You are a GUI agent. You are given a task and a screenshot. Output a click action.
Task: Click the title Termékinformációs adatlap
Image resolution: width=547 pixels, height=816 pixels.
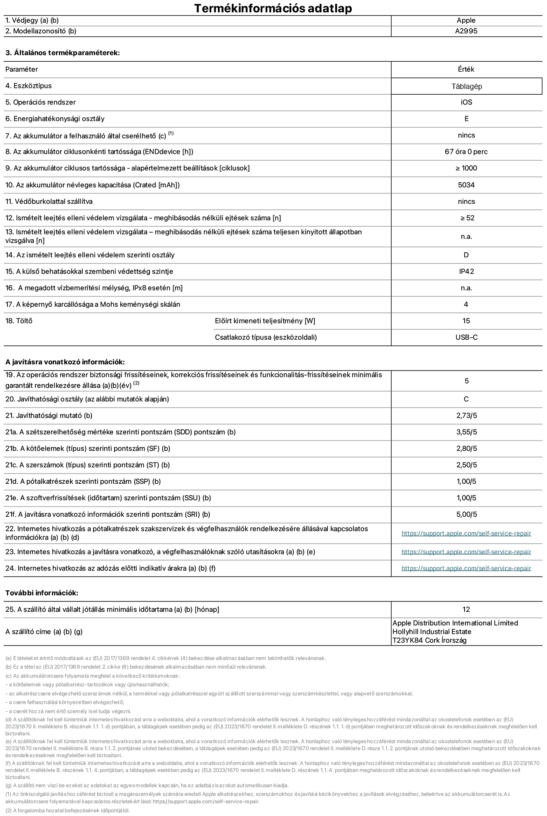tap(273, 8)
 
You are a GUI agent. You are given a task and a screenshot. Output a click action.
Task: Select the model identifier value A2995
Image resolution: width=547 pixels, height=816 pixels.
tap(466, 31)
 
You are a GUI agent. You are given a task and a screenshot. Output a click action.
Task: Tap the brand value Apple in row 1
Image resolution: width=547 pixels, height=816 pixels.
tap(466, 21)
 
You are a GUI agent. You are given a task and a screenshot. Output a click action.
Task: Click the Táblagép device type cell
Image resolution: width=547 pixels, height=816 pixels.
tap(466, 86)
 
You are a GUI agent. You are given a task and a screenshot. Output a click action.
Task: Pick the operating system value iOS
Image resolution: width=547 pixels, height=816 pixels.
tap(466, 103)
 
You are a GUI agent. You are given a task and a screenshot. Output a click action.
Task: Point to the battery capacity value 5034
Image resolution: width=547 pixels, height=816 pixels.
tap(466, 185)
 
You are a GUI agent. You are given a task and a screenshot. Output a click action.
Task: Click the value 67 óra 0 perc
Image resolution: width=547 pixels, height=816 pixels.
tap(466, 152)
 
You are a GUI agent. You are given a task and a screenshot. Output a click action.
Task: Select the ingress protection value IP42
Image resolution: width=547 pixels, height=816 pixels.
tap(466, 272)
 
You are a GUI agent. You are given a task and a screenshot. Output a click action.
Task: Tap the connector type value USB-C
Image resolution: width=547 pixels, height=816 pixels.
tap(466, 338)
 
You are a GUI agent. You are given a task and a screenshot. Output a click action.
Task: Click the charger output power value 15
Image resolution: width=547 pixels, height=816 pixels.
tap(466, 321)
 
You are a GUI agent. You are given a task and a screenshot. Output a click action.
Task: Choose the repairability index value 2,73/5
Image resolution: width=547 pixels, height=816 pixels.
tap(466, 416)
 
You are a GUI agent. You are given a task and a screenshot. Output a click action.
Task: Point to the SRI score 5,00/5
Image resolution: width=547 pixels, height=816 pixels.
tap(466, 515)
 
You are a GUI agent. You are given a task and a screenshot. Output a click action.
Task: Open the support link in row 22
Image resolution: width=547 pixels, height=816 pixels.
tap(466, 534)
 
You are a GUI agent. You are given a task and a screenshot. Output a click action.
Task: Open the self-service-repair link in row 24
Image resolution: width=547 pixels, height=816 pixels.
tap(466, 569)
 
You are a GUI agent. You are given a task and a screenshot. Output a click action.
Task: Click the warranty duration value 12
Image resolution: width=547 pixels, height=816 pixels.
tap(466, 610)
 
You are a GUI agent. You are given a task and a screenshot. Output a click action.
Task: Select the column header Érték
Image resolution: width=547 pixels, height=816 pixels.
tap(466, 70)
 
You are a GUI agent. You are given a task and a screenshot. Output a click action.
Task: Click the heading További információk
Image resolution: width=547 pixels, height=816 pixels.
tap(42, 593)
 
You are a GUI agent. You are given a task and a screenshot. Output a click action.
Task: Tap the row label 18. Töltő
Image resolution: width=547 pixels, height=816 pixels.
tap(19, 321)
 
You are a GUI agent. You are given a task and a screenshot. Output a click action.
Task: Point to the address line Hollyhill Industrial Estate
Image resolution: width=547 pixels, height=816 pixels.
tap(432, 632)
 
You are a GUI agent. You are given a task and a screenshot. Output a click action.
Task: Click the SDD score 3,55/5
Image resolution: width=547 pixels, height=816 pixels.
tap(466, 432)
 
